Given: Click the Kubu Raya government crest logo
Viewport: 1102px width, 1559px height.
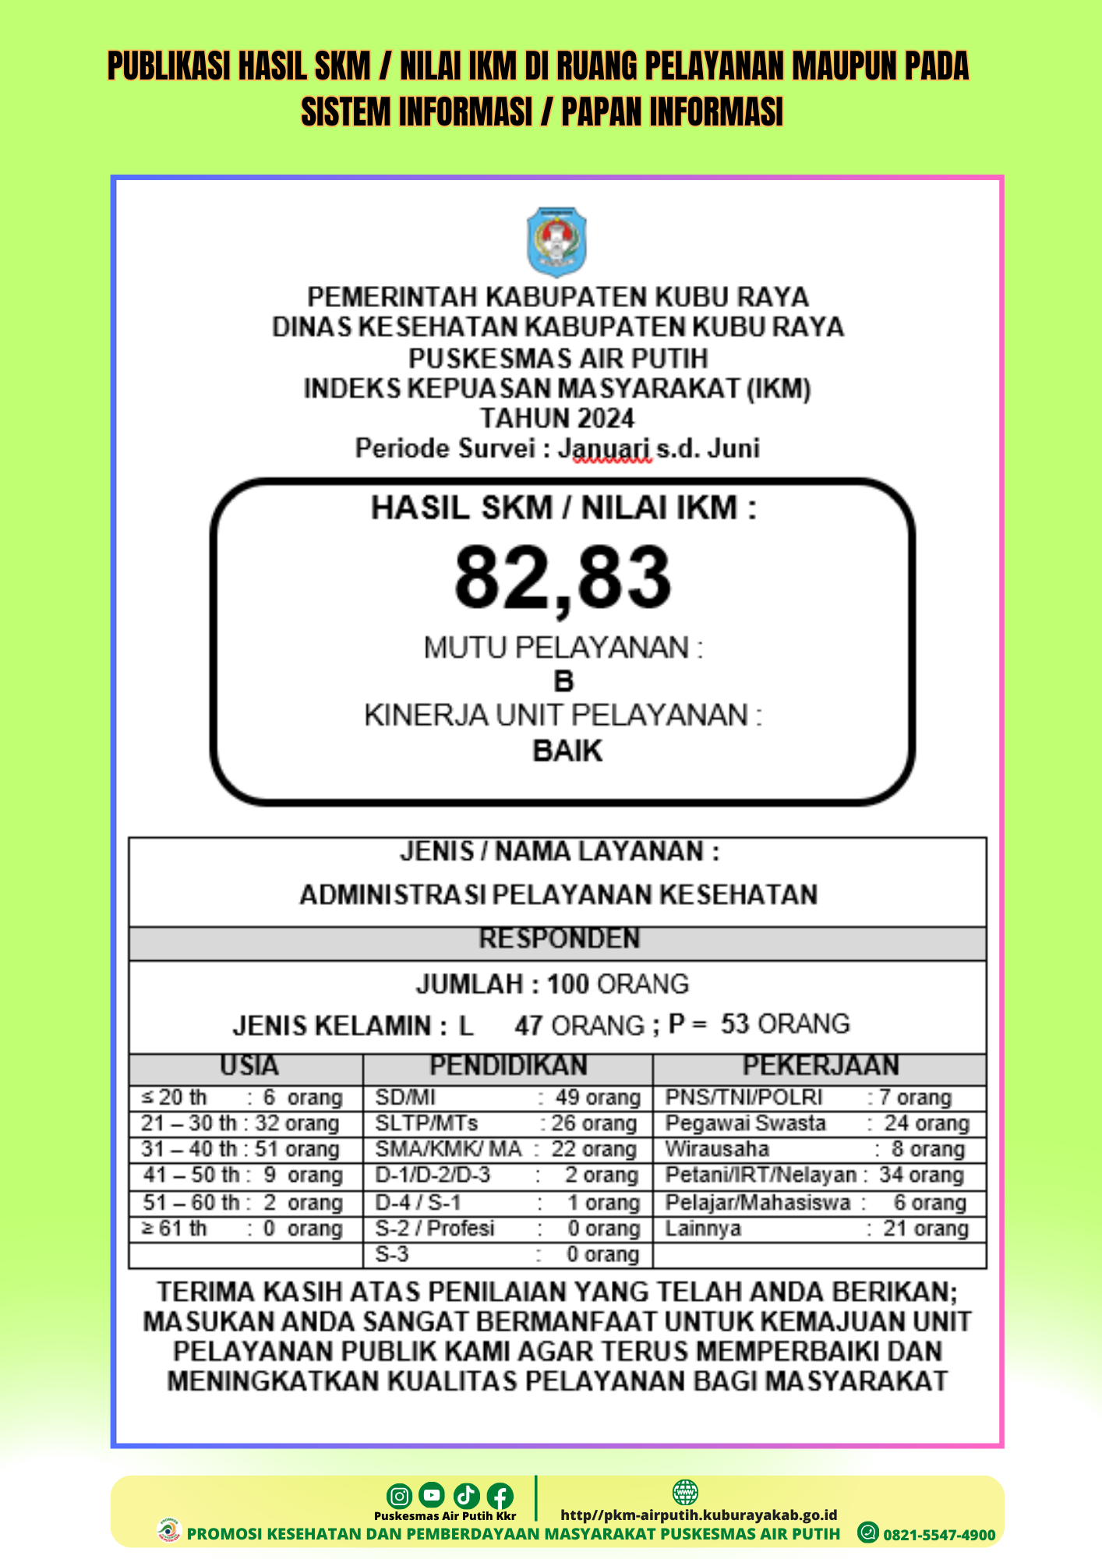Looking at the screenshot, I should coord(556,242).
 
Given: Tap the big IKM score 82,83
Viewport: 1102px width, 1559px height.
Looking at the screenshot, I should coord(562,578).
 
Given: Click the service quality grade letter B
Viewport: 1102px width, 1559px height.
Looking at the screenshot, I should coord(563,681).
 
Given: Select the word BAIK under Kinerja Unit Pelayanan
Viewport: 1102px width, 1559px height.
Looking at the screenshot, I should coord(567,751).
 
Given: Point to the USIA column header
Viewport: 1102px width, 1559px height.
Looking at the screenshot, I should coord(249,1066).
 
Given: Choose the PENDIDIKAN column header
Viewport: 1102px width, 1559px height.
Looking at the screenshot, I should coord(508,1066).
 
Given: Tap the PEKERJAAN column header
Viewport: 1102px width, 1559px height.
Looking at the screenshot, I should coord(820,1066).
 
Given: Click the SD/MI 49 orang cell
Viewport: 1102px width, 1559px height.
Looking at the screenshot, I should coord(507,1098).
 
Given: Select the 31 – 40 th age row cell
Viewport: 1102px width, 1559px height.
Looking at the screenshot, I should coord(241,1149).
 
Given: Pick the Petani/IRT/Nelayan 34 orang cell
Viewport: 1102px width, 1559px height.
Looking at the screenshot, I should coord(814,1175).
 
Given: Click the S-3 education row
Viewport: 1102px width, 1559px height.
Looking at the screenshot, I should coord(507,1254).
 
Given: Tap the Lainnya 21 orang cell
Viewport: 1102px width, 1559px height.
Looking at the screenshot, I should coord(816,1229).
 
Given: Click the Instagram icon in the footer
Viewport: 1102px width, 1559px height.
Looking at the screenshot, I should coord(399,1496).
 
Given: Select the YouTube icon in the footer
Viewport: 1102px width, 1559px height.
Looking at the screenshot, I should coord(432,1495).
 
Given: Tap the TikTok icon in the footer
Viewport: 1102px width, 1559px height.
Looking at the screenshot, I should coord(466,1495).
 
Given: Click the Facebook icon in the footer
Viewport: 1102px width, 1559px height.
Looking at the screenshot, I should coord(500,1496).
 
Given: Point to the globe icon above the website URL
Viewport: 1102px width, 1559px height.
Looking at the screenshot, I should coord(685,1492).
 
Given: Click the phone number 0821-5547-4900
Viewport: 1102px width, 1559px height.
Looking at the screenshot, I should coord(938,1535).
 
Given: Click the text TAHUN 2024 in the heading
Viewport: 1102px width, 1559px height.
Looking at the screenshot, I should coord(556,419).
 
